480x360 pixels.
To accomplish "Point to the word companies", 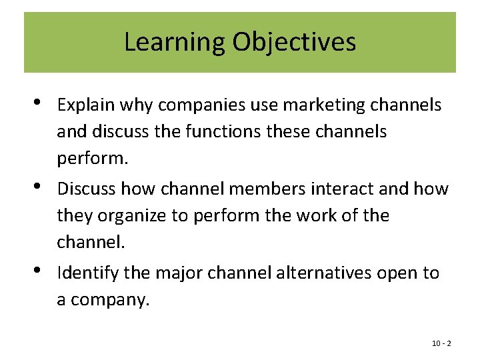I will [x=185, y=105].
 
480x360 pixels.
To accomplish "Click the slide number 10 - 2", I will [x=441, y=343].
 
